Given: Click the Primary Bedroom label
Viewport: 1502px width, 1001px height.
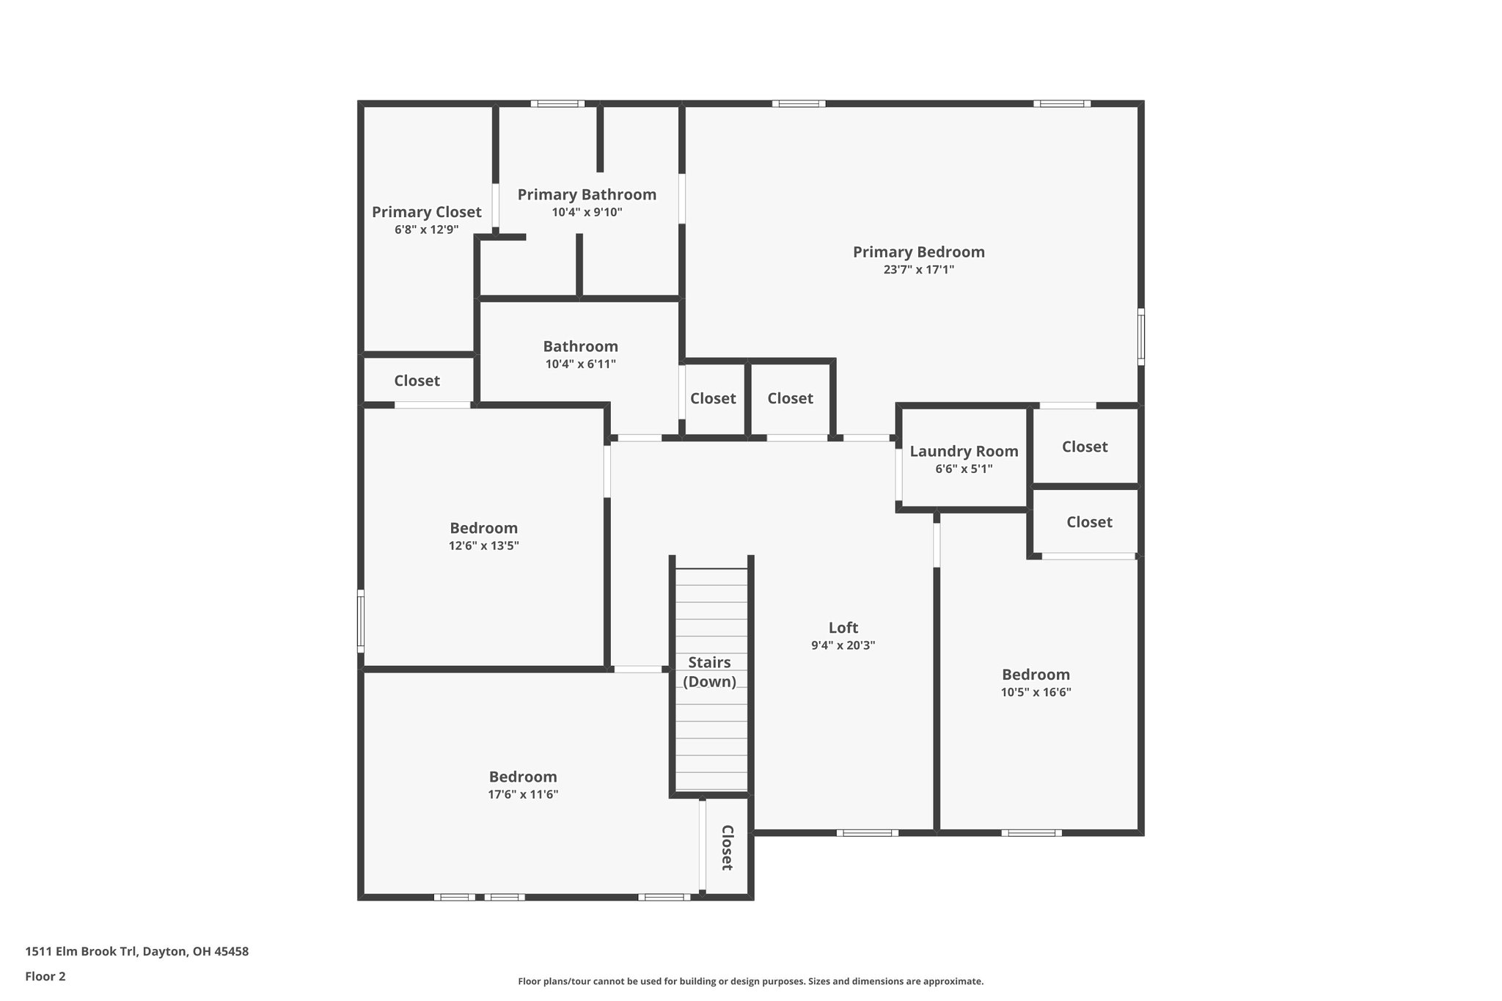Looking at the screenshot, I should [918, 252].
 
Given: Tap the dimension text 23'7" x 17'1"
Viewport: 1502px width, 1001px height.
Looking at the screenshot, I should [918, 270].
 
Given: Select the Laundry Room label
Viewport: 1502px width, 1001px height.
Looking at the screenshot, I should [964, 452].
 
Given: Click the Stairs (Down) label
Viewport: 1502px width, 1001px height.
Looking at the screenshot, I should [709, 672].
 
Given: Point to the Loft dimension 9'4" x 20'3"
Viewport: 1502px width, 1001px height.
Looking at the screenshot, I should [843, 645].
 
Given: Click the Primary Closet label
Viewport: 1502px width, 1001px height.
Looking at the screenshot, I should [426, 212].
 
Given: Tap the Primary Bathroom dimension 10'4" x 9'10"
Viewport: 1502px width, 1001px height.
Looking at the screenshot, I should [587, 213].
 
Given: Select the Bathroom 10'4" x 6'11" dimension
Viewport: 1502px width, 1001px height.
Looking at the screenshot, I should [580, 364].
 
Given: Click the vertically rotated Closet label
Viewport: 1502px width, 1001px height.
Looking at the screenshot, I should [727, 848].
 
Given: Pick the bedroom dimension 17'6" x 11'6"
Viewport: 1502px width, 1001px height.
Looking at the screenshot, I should [523, 794].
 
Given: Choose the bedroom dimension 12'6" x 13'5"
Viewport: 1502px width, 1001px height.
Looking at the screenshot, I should [484, 546].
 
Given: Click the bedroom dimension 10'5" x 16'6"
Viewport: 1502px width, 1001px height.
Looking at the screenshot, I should [1036, 692].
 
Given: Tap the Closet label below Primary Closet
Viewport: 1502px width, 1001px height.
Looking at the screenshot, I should [417, 381].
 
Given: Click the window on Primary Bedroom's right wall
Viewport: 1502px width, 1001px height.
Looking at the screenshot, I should [1140, 337].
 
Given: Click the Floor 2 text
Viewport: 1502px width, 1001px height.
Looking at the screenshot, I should [45, 976].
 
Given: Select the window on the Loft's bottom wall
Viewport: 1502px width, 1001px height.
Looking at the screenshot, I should [868, 832].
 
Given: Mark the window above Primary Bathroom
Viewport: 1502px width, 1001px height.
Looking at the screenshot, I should [557, 103].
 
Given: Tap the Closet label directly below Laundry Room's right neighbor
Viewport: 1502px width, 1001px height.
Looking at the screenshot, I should [1089, 522].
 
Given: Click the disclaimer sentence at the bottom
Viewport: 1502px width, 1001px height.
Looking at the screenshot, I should [750, 981].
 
